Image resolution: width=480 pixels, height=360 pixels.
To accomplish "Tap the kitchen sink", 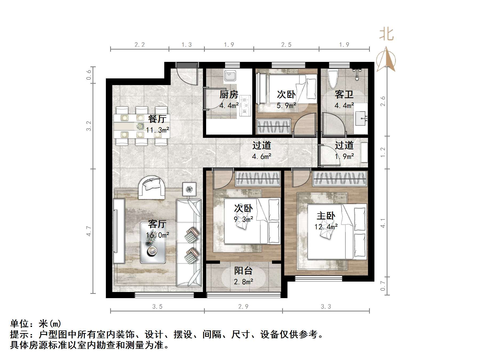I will [x=230, y=75].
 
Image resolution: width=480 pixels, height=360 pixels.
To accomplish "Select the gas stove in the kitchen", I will [x=245, y=106].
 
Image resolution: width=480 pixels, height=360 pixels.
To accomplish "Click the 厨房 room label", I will [x=229, y=95].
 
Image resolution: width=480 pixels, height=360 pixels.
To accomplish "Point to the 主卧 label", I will [x=326, y=216].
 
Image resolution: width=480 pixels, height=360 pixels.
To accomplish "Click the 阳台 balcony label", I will [x=243, y=271].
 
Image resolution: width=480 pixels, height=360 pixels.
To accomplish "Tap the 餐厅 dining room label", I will [x=157, y=119].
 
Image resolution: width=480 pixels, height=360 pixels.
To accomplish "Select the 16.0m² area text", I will [x=157, y=235].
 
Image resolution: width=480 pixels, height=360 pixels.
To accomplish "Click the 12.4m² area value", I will [x=326, y=227].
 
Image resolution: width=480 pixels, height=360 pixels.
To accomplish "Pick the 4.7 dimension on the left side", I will [x=89, y=231].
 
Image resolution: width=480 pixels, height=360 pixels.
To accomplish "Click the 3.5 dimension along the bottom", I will [x=157, y=307].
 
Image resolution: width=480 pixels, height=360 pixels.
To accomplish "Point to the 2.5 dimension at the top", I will [x=286, y=45].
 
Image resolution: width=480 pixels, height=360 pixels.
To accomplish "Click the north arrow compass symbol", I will [x=386, y=60].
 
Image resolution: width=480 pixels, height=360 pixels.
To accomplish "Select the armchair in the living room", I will [x=151, y=187].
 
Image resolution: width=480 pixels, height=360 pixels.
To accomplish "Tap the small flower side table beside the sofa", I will [x=189, y=189].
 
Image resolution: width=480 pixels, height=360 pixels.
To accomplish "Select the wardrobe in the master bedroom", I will [x=339, y=178].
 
